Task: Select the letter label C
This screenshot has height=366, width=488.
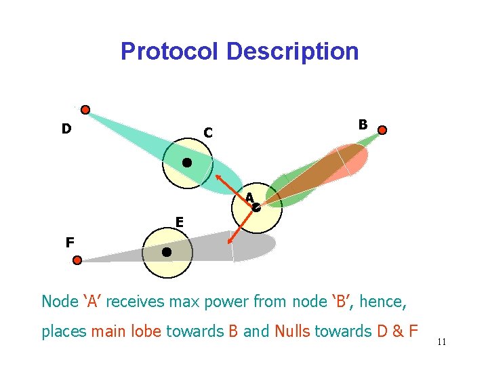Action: pos(209,131)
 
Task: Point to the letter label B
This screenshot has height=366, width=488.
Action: pos(363,125)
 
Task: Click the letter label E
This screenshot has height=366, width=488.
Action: pos(179,222)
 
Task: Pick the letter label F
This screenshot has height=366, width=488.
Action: pos(70,241)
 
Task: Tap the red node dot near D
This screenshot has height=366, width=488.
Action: pos(85,109)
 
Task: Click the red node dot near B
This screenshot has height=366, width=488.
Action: pos(382,130)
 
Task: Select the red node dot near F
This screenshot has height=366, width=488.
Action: pos(77,260)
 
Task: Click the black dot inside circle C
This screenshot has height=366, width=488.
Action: pos(186,163)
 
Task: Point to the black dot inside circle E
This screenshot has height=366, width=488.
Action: pos(167,253)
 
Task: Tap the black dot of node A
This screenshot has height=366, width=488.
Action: pos(256,207)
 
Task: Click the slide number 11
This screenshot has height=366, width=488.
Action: pos(441,342)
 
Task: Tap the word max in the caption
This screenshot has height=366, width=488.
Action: pos(182,300)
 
